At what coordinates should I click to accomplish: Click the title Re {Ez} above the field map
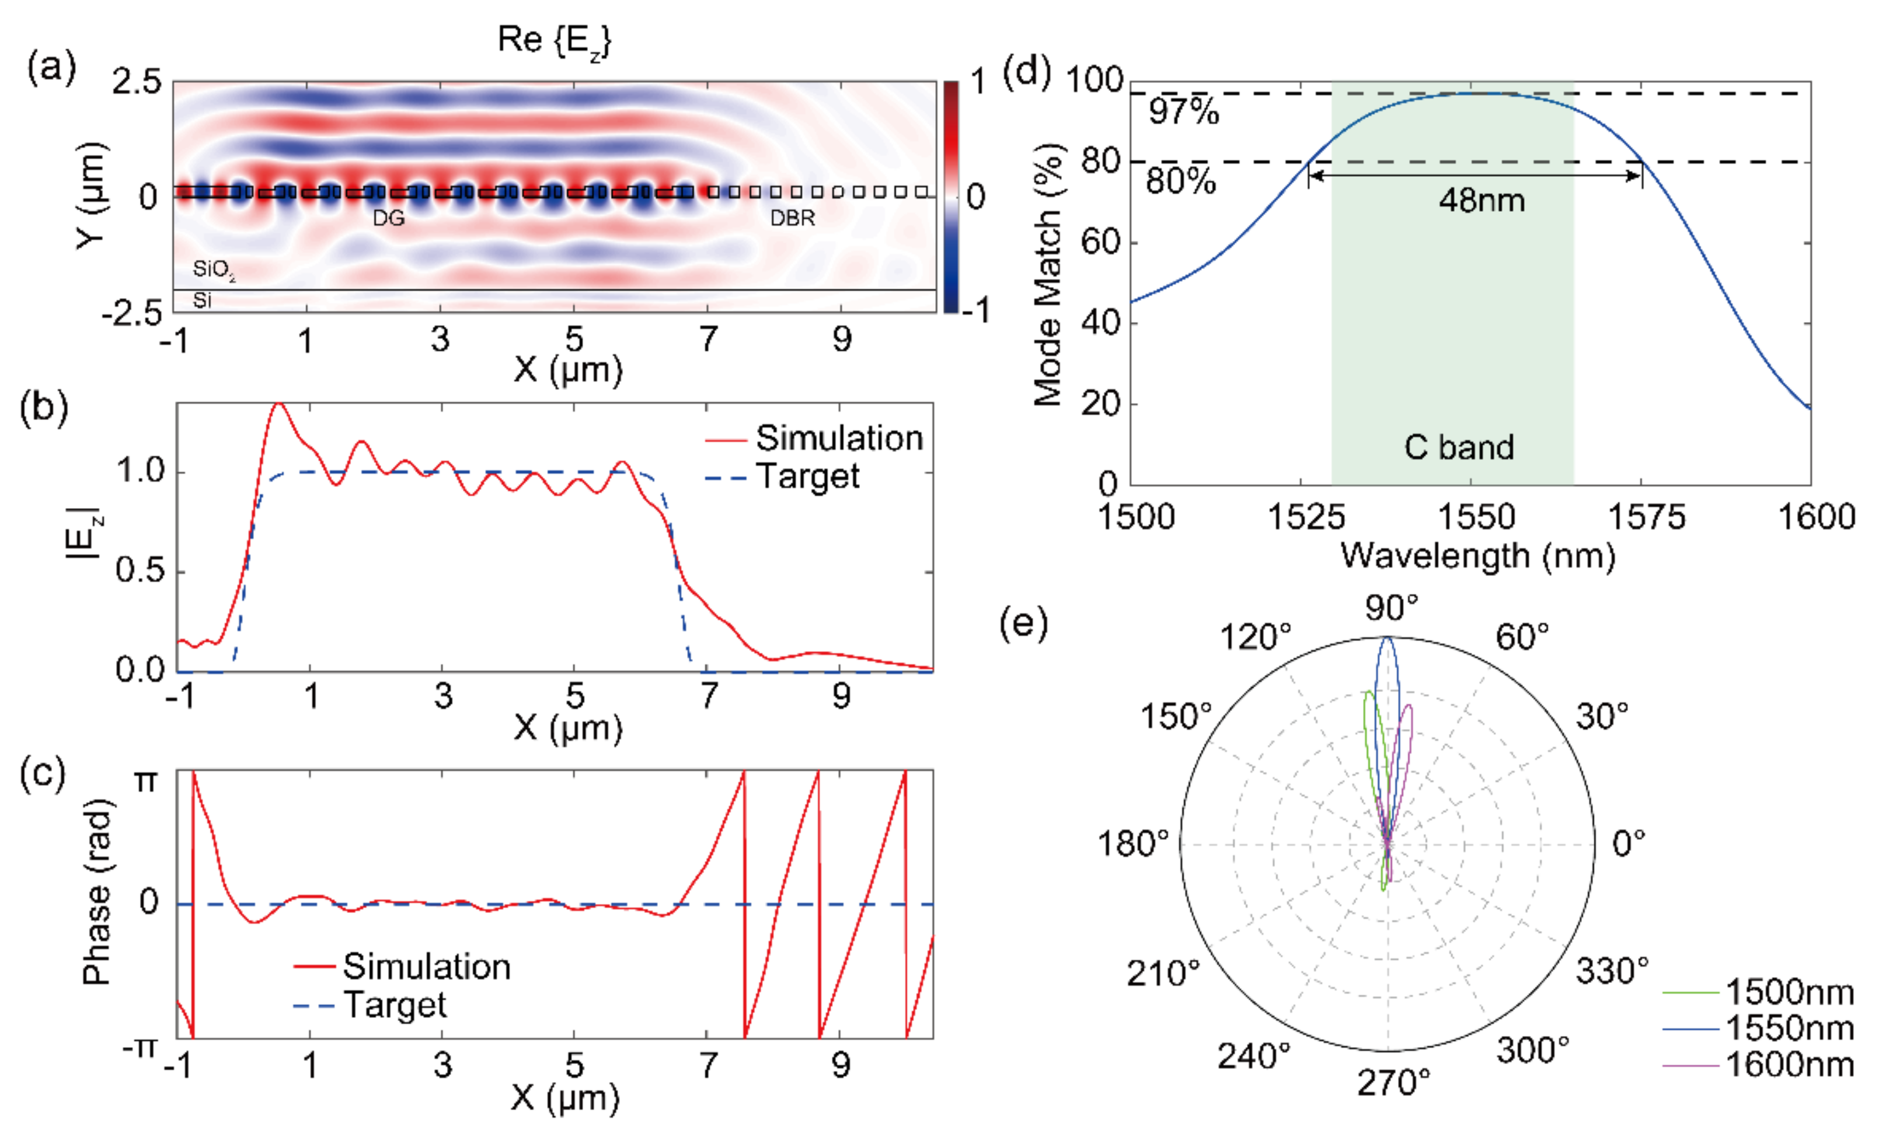click(x=554, y=40)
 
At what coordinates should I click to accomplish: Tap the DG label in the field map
click(x=388, y=219)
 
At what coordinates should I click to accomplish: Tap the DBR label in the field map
click(x=792, y=219)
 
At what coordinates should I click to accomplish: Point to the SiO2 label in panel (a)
click(x=213, y=269)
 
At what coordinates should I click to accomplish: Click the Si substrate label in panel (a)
click(x=202, y=300)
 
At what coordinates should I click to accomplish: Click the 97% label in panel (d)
click(x=1183, y=113)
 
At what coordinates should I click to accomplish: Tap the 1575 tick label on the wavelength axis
click(x=1646, y=518)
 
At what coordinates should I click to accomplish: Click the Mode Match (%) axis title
click(x=1048, y=275)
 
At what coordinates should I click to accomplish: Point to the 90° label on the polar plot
click(x=1391, y=609)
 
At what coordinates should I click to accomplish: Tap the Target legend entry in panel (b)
click(x=807, y=477)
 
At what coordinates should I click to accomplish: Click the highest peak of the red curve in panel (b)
click(x=279, y=404)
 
